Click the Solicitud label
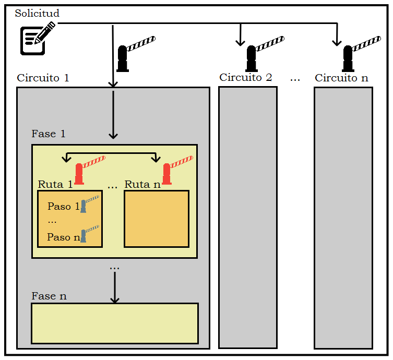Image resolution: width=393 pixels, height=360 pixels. click(37, 13)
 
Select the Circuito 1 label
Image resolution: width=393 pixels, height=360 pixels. click(43, 78)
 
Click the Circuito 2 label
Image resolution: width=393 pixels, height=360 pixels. click(245, 78)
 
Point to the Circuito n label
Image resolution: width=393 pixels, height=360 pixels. click(341, 78)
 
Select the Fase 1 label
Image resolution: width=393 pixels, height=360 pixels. click(49, 134)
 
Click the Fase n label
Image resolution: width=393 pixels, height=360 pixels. click(49, 296)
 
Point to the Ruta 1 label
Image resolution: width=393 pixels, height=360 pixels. click(55, 184)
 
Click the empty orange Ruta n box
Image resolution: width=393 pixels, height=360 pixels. click(157, 219)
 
